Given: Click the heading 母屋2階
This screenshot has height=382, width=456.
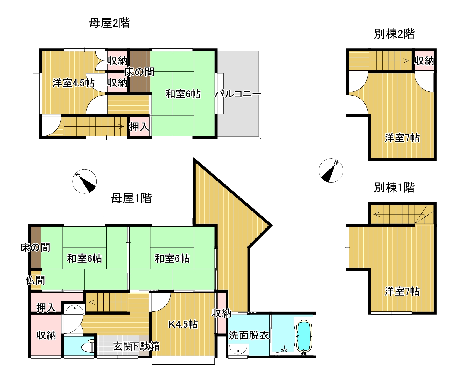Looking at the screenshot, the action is pyautogui.click(x=110, y=23).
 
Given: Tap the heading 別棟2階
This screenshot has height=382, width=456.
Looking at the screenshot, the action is pyautogui.click(x=394, y=34).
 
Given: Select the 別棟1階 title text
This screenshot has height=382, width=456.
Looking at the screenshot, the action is pyautogui.click(x=394, y=188).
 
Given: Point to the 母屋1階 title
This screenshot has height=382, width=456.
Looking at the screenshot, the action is pyautogui.click(x=131, y=198).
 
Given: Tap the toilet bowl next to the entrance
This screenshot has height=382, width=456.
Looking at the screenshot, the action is pyautogui.click(x=88, y=346).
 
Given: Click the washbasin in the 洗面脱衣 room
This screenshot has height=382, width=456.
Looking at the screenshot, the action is pyautogui.click(x=238, y=349).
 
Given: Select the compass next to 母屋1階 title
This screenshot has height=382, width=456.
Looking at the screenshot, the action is pyautogui.click(x=85, y=181).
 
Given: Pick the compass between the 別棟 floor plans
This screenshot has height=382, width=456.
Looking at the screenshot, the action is pyautogui.click(x=331, y=171).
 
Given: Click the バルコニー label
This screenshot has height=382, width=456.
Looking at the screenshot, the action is pyautogui.click(x=238, y=94).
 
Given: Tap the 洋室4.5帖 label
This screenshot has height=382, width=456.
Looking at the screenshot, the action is pyautogui.click(x=73, y=83).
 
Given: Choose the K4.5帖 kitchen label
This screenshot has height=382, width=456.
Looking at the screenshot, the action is pyautogui.click(x=183, y=324).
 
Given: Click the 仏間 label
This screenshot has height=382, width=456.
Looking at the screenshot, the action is pyautogui.click(x=35, y=280).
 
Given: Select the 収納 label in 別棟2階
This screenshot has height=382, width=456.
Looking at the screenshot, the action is pyautogui.click(x=424, y=61).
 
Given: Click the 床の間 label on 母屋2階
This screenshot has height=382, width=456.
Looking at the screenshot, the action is pyautogui.click(x=139, y=72).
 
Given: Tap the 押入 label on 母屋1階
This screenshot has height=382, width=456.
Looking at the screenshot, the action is pyautogui.click(x=46, y=308).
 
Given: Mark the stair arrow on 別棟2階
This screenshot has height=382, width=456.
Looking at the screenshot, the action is pyautogui.click(x=390, y=61).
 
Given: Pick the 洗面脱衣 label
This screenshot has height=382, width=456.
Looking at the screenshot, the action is pyautogui.click(x=248, y=335).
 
